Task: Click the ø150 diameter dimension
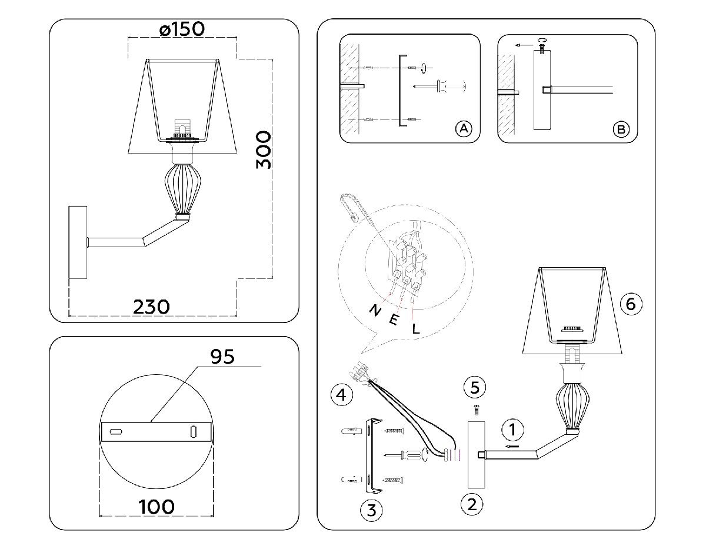click(x=182, y=29)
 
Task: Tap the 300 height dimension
click(x=263, y=150)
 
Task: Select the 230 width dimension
click(x=151, y=307)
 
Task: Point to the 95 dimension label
click(x=222, y=357)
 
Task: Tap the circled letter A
click(x=464, y=129)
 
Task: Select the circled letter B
click(x=621, y=129)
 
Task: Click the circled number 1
click(x=512, y=430)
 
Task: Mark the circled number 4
click(x=341, y=395)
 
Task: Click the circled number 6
click(x=631, y=304)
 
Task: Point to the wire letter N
click(x=375, y=311)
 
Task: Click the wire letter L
click(x=416, y=329)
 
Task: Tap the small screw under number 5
click(x=476, y=410)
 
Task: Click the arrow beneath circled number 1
click(x=512, y=447)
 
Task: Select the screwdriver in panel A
click(x=439, y=86)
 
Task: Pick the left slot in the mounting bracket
click(x=116, y=432)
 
